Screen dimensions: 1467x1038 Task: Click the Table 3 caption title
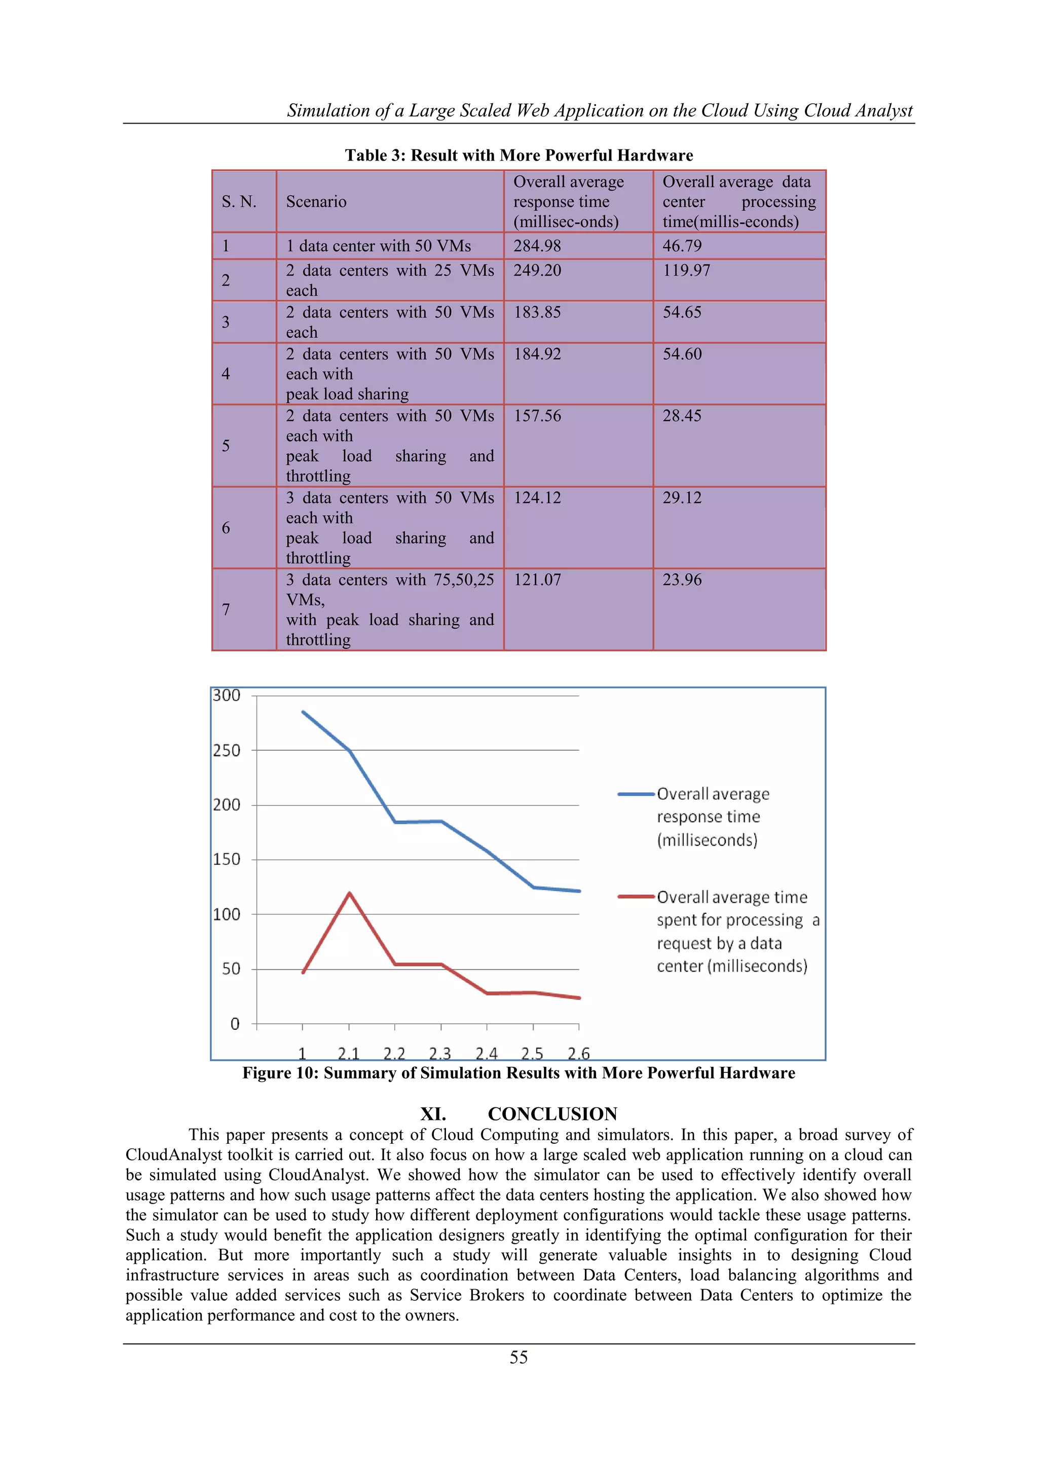tap(518, 156)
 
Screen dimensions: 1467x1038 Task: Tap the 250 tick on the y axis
tap(227, 750)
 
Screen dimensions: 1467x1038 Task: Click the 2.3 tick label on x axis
tap(440, 1053)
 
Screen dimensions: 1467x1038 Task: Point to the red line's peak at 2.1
tap(349, 893)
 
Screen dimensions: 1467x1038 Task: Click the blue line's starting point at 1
tap(303, 712)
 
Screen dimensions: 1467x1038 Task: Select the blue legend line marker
tap(636, 794)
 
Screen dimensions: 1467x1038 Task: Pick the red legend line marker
tap(636, 897)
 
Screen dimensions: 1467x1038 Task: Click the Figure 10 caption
tap(518, 1073)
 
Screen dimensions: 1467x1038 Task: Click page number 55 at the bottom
tap(518, 1357)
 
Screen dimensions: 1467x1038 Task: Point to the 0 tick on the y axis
tap(235, 1024)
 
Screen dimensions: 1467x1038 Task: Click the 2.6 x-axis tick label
tap(578, 1053)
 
